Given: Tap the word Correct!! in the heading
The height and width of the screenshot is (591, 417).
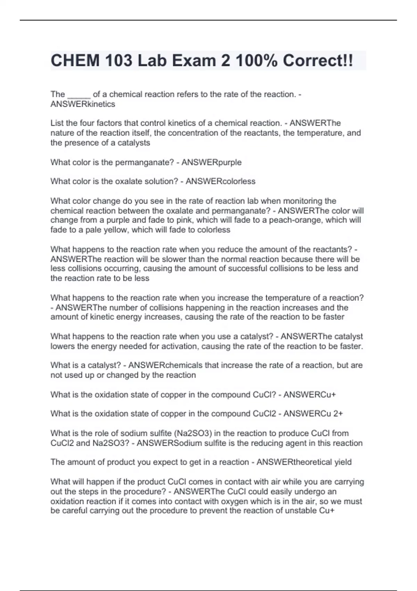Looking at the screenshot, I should [318, 61].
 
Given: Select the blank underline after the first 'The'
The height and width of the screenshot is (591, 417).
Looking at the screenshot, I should [79, 95].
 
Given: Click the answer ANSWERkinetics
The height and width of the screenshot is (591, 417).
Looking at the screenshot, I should [83, 104].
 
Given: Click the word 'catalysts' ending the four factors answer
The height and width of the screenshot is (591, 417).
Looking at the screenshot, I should [134, 143].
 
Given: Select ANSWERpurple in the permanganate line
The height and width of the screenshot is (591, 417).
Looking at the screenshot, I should [211, 162].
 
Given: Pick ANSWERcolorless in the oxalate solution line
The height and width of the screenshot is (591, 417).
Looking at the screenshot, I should [220, 181].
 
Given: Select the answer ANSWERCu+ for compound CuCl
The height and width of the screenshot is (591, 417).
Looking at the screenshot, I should [310, 395].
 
